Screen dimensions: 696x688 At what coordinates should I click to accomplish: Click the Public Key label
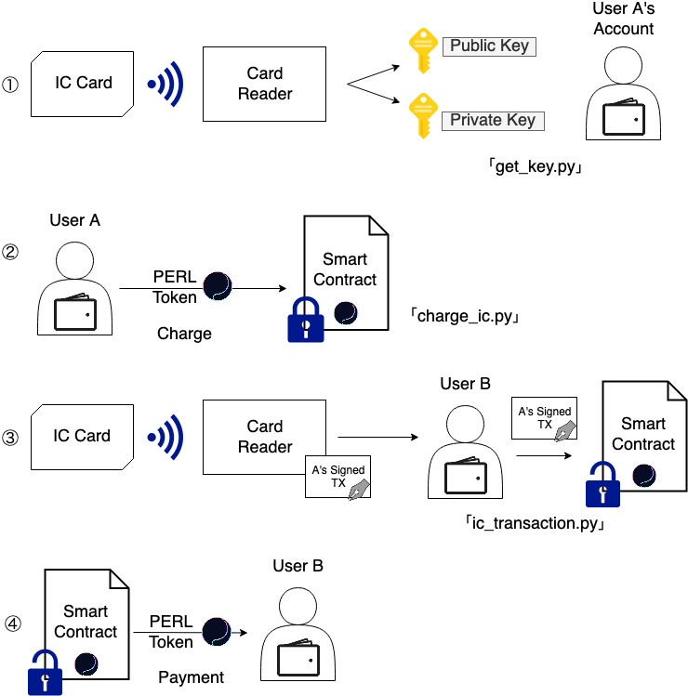tap(490, 46)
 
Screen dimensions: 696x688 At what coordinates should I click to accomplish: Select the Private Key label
tap(492, 120)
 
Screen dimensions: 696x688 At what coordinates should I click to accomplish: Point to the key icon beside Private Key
tap(423, 113)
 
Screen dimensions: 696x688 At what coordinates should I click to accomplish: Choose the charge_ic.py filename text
tap(464, 316)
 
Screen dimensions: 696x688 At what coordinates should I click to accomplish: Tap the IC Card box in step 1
tap(82, 83)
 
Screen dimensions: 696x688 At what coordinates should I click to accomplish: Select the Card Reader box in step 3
tap(264, 437)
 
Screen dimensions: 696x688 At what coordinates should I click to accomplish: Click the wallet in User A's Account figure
tap(623, 120)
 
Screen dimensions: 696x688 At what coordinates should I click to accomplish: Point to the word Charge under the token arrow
tap(184, 333)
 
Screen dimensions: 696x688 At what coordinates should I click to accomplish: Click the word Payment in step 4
tap(191, 676)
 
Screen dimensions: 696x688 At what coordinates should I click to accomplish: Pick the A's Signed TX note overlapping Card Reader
tap(338, 478)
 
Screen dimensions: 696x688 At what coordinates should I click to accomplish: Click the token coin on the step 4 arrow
tap(217, 632)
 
